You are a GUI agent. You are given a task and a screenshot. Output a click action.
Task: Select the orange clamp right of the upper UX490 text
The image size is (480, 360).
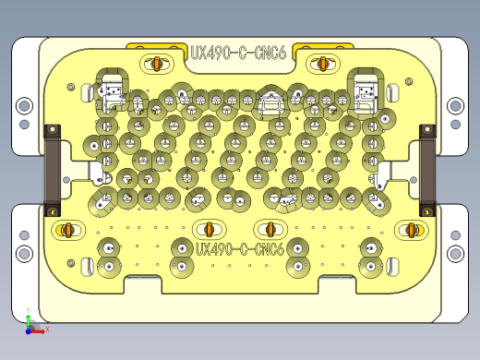coord(322,63)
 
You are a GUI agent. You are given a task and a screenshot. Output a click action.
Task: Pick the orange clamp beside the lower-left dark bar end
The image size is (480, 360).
coord(66,229)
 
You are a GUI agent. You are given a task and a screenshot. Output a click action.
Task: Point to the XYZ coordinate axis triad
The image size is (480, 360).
coord(32,324)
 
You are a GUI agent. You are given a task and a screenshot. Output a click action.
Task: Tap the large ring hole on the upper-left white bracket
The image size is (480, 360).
coord(24,106)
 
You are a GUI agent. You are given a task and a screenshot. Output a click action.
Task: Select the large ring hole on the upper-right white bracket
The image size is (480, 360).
coord(455,106)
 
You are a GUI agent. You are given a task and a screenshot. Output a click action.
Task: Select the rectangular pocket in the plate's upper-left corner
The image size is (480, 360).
coord(112,90)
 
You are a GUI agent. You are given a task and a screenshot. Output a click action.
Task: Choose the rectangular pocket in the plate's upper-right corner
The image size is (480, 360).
coord(366,90)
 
